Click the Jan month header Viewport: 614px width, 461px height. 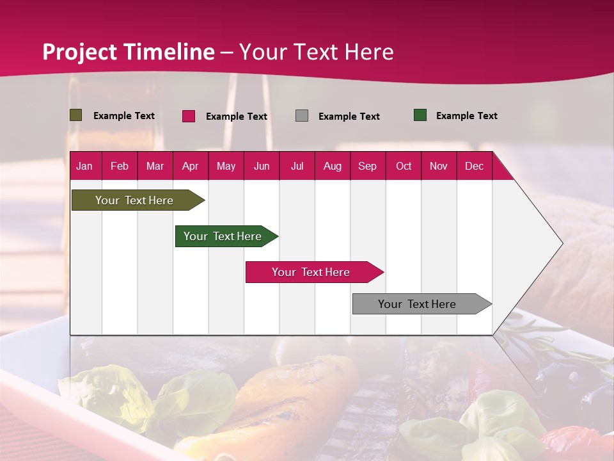84,166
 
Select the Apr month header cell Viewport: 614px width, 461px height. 190,166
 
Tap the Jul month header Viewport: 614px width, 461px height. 297,166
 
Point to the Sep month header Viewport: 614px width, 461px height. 367,166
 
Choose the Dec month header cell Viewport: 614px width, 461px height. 474,166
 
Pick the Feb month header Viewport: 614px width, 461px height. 120,166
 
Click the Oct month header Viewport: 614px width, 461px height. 404,166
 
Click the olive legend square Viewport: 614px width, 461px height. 76,115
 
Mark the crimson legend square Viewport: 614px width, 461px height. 189,116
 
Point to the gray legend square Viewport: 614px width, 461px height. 302,116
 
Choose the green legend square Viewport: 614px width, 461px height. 420,115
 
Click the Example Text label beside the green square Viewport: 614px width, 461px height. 466,116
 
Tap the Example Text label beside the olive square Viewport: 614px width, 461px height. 124,116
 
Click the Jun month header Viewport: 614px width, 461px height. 262,166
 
